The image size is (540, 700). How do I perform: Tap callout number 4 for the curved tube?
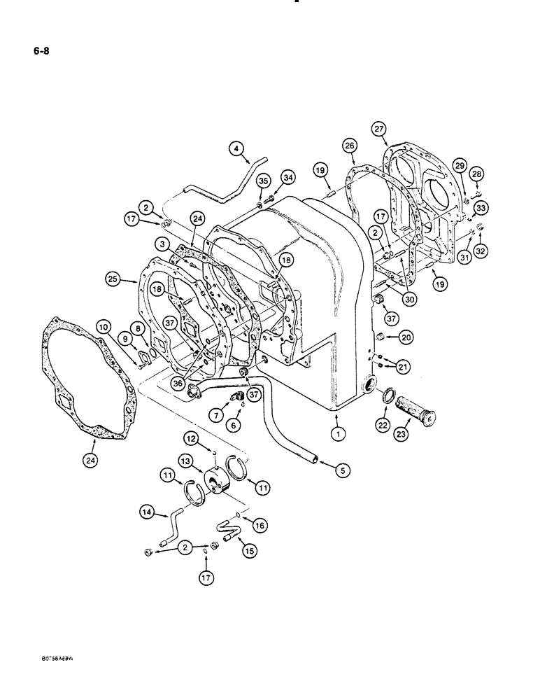pos(236,148)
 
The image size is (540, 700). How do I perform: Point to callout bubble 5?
pos(343,471)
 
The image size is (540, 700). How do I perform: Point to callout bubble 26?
pos(350,166)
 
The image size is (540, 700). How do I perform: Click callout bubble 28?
pos(476,173)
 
